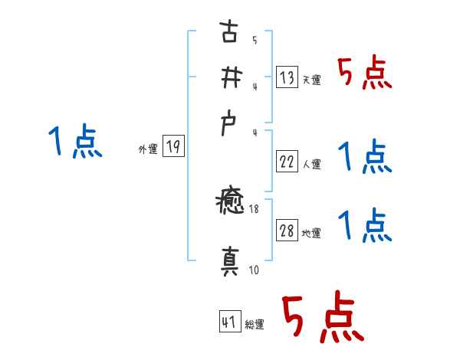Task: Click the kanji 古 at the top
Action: click(228, 34)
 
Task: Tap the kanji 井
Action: click(228, 79)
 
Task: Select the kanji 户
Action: click(228, 125)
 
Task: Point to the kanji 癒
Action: click(229, 204)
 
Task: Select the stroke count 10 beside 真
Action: click(253, 270)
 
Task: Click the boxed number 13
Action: click(287, 77)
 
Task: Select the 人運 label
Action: click(311, 163)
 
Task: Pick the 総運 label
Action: click(254, 325)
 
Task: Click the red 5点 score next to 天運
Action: click(364, 74)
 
